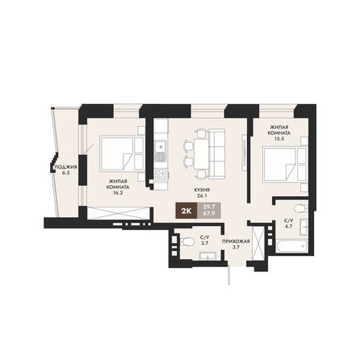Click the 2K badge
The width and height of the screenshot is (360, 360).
point(186,211)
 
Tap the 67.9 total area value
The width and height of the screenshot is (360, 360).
point(209,214)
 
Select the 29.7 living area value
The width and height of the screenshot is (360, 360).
point(209,207)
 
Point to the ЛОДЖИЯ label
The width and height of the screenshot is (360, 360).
point(66,167)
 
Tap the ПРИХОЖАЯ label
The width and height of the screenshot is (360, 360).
point(236,241)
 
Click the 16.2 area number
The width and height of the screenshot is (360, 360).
point(118,193)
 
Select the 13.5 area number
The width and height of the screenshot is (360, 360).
point(279,139)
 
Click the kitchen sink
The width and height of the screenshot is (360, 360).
point(161,147)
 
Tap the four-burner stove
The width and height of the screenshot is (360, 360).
point(161,175)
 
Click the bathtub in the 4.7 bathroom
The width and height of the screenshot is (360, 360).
point(291,246)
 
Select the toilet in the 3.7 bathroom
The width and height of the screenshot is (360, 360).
point(186,241)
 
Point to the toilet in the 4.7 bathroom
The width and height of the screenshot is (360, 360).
point(301,208)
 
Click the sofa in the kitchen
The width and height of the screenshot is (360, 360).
point(216,153)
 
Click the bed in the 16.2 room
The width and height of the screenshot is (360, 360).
point(122,153)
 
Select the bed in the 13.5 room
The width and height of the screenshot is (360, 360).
point(285,165)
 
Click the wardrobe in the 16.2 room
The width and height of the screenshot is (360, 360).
point(119,213)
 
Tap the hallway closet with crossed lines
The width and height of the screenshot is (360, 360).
point(258,244)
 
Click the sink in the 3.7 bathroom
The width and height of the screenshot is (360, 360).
point(209,257)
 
